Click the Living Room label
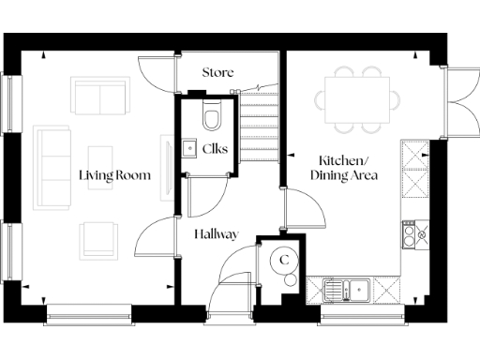click(114, 174)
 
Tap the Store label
click(217, 72)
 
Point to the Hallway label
click(217, 234)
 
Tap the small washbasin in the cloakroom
click(187, 147)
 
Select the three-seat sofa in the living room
click(48, 169)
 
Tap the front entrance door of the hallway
click(230, 287)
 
